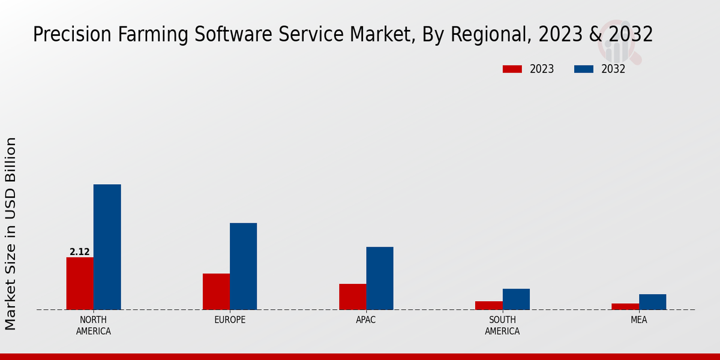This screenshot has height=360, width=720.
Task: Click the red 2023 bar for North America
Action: click(x=80, y=283)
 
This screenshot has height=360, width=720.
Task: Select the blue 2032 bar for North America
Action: click(x=107, y=247)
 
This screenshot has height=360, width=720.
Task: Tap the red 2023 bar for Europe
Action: click(x=216, y=292)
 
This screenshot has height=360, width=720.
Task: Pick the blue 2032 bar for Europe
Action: click(x=243, y=266)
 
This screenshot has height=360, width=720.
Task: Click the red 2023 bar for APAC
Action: click(x=352, y=296)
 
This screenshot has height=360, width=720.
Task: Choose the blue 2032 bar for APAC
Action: click(x=380, y=278)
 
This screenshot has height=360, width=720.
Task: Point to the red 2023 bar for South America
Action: click(x=488, y=305)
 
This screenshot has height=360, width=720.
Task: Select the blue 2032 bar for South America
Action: click(x=516, y=299)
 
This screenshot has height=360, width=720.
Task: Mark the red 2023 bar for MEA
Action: click(x=625, y=307)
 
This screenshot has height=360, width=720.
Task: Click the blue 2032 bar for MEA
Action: click(x=652, y=302)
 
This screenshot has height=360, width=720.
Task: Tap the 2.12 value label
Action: click(x=80, y=252)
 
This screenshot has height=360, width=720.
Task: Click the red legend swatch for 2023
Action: click(x=512, y=69)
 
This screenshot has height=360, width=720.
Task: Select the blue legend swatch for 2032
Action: click(x=583, y=69)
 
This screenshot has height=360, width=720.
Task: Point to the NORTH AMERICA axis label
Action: click(x=94, y=325)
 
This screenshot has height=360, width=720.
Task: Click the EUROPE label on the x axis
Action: click(x=230, y=320)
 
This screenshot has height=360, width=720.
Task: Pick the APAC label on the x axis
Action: click(x=366, y=320)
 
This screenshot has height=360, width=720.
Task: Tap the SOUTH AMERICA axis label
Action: click(x=502, y=325)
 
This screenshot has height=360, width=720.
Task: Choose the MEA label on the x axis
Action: click(x=638, y=320)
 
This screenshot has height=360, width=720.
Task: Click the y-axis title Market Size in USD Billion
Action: click(x=11, y=233)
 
